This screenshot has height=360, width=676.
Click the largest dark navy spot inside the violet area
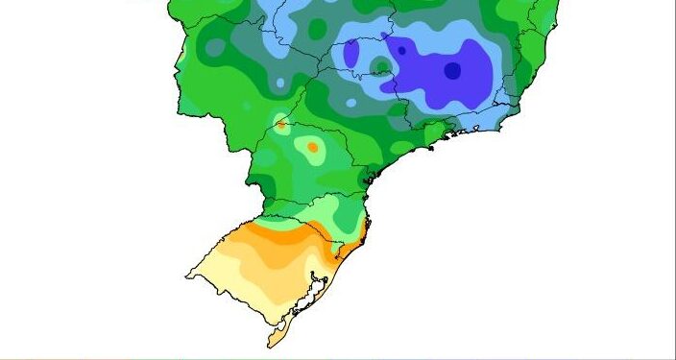tap(452, 70)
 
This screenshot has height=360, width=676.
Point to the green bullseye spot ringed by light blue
tap(381, 66)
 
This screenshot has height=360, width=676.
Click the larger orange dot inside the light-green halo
tap(312, 147)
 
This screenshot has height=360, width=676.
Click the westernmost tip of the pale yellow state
tap(187, 277)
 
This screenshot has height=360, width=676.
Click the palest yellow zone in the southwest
tap(230, 274)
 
